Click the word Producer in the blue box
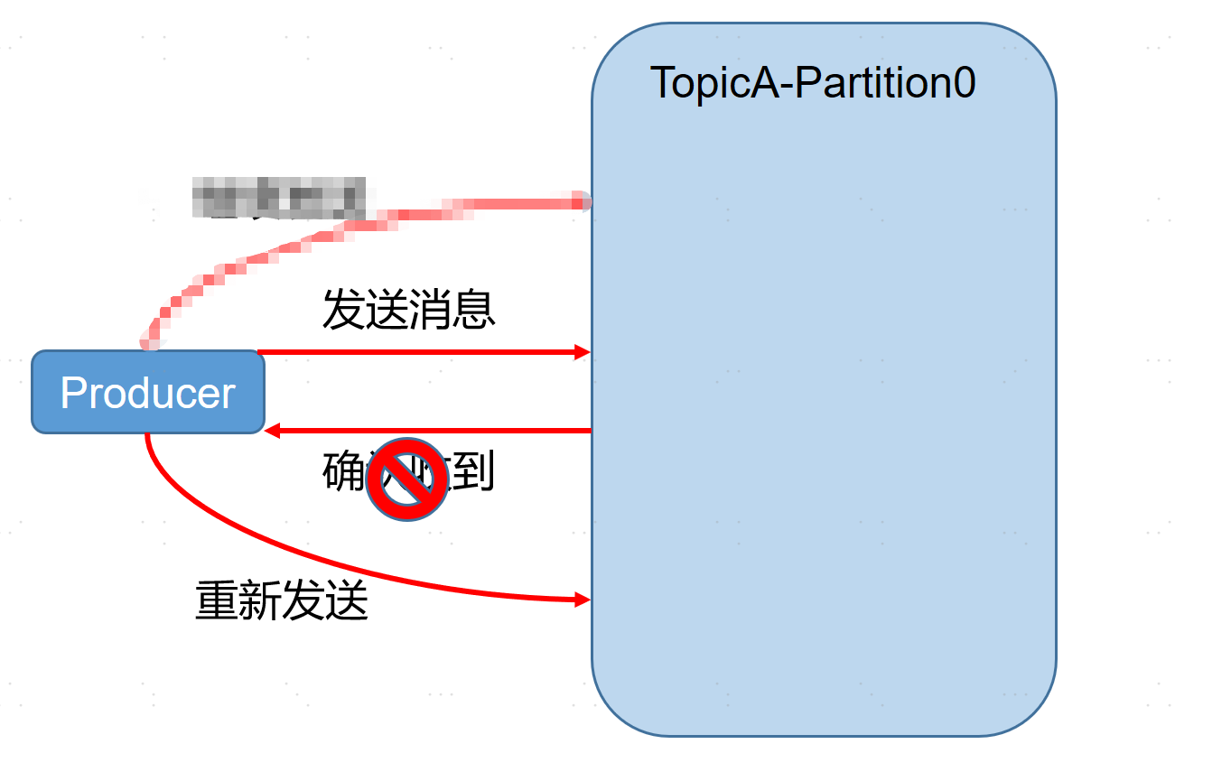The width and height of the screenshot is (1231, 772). [147, 393]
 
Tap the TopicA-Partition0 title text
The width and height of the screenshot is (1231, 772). [813, 83]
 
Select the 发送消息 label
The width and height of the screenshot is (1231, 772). [409, 310]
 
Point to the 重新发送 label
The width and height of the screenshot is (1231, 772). [282, 600]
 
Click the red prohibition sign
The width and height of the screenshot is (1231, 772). [407, 479]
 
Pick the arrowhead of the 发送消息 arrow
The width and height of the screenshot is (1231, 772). [583, 352]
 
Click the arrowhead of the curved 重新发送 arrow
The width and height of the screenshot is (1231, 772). [583, 599]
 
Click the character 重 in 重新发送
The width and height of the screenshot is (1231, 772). [217, 600]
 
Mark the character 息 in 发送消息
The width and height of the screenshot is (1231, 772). [474, 310]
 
